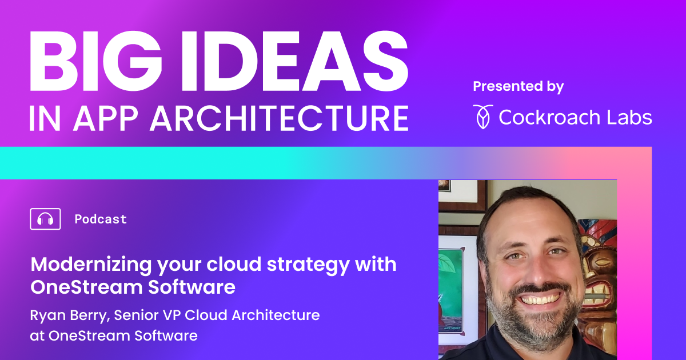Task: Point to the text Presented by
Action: [518, 86]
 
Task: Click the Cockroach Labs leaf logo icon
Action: [482, 116]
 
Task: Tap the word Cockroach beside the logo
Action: [548, 117]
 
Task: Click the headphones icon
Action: [45, 219]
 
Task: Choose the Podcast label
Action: [101, 219]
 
